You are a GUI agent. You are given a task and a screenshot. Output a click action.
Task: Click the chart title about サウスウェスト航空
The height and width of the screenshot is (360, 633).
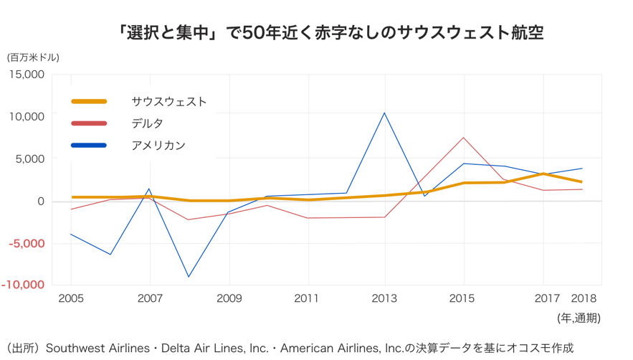(331, 32)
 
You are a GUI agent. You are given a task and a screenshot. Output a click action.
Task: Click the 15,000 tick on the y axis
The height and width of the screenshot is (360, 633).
(27, 74)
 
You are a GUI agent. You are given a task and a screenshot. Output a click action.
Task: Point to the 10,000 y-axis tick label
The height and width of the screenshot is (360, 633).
(27, 116)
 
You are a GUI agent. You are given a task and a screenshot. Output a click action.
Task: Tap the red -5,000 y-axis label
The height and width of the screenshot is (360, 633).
(27, 243)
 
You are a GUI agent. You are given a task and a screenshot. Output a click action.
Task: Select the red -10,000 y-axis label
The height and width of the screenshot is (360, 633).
(24, 285)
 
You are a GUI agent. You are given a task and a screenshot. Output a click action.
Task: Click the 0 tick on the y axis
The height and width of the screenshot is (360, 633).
(40, 201)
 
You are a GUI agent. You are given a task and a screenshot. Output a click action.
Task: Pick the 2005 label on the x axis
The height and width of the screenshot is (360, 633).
(70, 298)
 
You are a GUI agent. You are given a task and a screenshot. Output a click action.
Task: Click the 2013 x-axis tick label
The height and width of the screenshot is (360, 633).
(385, 298)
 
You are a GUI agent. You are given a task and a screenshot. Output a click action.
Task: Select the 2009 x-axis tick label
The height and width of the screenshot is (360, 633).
(229, 298)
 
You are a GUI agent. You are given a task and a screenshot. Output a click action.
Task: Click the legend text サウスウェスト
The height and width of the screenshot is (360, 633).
(168, 102)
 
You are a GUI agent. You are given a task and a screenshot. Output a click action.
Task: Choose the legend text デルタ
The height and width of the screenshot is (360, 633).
(147, 123)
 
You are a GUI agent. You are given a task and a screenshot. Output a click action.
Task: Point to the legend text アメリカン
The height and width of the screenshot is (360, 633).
(158, 146)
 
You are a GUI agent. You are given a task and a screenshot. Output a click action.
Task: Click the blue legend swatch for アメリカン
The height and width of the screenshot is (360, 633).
(89, 146)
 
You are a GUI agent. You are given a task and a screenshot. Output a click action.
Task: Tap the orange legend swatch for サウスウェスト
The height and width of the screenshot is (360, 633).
(89, 102)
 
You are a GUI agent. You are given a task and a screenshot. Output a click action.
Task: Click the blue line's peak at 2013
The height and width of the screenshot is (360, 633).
(385, 113)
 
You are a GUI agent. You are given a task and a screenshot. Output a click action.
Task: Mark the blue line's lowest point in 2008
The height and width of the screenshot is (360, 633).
(189, 277)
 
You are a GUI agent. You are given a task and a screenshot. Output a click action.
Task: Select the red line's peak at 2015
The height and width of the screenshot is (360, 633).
(464, 138)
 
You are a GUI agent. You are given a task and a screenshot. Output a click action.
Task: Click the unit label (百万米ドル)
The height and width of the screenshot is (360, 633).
(34, 57)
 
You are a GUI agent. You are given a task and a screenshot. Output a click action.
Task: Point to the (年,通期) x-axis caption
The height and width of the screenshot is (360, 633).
(579, 318)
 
